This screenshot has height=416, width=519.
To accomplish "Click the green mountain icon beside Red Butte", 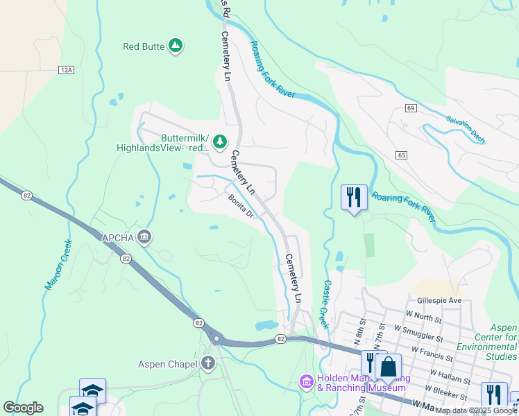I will (176, 46).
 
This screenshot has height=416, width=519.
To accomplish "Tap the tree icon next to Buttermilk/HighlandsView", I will (220, 142).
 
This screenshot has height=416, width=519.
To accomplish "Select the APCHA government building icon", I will (144, 238).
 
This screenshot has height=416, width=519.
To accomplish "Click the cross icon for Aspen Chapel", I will (208, 363).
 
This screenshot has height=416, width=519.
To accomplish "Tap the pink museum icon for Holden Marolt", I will (306, 381).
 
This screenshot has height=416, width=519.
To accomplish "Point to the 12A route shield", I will (66, 70).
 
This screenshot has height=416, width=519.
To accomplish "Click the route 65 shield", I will (402, 155).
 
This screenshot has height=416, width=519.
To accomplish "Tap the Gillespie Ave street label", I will (439, 300).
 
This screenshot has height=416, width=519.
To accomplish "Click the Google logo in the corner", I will (23, 408).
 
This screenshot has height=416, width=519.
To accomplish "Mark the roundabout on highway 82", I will (217, 340).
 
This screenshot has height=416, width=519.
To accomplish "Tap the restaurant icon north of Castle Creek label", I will (354, 198).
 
